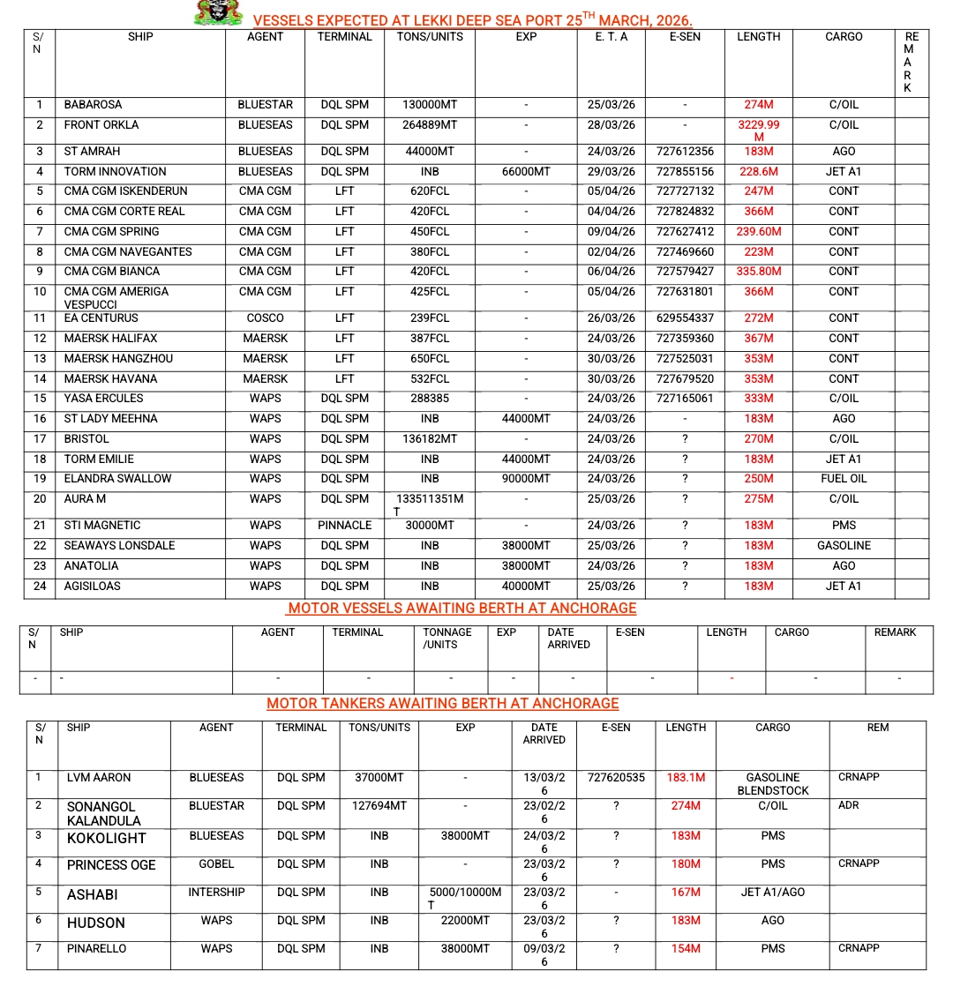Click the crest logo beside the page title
click(218, 13)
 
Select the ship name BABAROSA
click(93, 105)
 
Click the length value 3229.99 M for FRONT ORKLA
click(758, 131)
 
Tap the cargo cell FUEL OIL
click(843, 479)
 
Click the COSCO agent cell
click(265, 318)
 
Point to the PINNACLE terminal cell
click(344, 526)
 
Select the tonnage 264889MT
click(429, 125)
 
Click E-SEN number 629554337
click(685, 318)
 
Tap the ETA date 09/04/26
click(611, 232)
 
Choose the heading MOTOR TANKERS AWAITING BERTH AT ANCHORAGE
click(442, 704)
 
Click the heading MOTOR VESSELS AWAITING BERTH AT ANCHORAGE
click(461, 609)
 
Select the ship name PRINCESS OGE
click(111, 865)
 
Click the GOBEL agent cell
click(216, 864)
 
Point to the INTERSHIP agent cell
click(216, 893)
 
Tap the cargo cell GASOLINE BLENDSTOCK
click(772, 784)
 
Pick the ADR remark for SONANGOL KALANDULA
click(848, 806)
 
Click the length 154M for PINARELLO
click(685, 949)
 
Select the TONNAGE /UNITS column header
click(447, 639)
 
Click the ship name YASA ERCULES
click(103, 399)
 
